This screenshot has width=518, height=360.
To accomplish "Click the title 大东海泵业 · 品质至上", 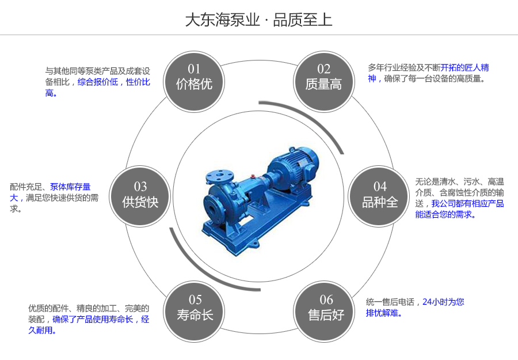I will pyautogui.click(x=258, y=20).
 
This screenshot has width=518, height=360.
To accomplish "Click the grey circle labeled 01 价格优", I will pyautogui.click(x=194, y=78).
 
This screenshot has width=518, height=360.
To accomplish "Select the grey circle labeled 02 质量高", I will pyautogui.click(x=323, y=78).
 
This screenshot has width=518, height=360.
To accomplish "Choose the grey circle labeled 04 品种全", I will pyautogui.click(x=380, y=195).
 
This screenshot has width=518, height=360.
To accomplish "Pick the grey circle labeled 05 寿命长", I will pyautogui.click(x=195, y=308).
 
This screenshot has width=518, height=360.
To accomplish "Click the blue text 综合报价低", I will pyautogui.click(x=98, y=82).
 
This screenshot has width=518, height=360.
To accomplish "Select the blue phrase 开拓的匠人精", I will pyautogui.click(x=465, y=68).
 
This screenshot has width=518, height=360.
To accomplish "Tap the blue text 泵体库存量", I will pyautogui.click(x=70, y=187).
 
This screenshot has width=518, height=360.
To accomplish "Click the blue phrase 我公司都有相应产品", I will pyautogui.click(x=467, y=204).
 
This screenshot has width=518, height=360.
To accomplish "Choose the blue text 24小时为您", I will pyautogui.click(x=443, y=302).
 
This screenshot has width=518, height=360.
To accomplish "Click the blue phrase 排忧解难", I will pyautogui.click(x=383, y=313).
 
